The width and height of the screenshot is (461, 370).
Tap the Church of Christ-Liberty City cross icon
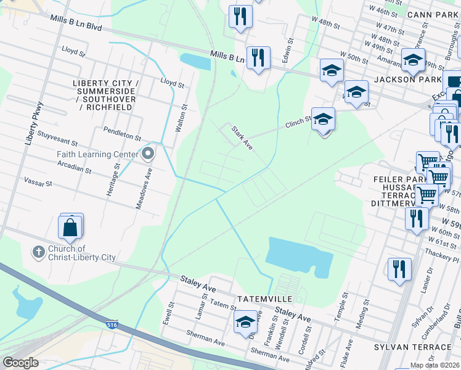point(38,251)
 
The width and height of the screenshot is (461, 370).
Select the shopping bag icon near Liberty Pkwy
point(70,226)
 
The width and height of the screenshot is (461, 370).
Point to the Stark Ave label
point(242,138)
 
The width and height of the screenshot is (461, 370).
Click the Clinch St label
point(298,123)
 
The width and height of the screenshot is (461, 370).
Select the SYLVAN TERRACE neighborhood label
point(412,347)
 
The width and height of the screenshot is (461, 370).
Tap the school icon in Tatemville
point(245,321)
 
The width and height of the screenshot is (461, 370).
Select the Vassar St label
point(39,184)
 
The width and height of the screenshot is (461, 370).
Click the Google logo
point(20,362)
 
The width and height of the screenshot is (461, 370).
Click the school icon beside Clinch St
point(323,120)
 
